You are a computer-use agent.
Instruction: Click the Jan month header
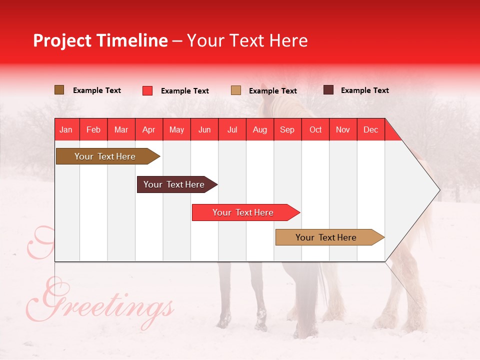click(x=66, y=130)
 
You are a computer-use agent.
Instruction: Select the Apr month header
click(x=149, y=130)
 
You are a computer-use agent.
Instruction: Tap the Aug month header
click(x=259, y=130)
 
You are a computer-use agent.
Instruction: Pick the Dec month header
click(x=370, y=130)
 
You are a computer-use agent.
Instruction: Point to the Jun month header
click(x=204, y=130)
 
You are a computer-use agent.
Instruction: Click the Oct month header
click(x=315, y=130)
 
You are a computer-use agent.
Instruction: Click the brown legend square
click(x=59, y=90)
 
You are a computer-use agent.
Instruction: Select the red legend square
click(x=147, y=90)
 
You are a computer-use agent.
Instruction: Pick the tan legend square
click(x=236, y=90)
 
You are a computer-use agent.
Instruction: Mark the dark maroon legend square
click(x=328, y=90)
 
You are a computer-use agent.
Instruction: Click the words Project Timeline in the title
click(x=100, y=40)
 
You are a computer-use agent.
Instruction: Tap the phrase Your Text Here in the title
click(x=247, y=40)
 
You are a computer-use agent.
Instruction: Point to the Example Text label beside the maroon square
click(x=364, y=90)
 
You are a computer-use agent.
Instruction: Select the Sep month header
click(x=287, y=130)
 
